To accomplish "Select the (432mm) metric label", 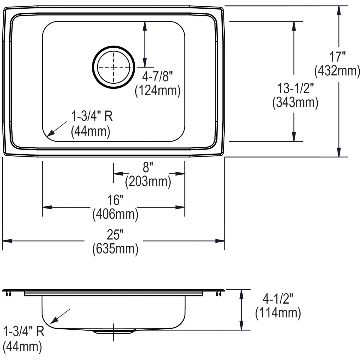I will [337, 71].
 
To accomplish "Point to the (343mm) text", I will [295, 103].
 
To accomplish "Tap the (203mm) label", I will [148, 181].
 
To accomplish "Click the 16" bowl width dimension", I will [116, 200].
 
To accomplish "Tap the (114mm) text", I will [278, 313].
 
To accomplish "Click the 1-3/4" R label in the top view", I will [91, 116].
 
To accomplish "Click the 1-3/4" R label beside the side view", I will [24, 332].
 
